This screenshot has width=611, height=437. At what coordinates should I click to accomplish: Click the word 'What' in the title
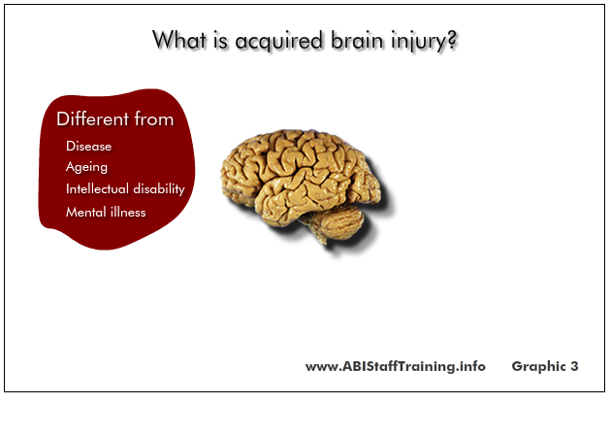click(x=178, y=40)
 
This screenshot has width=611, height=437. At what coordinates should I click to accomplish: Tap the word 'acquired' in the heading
click(x=279, y=42)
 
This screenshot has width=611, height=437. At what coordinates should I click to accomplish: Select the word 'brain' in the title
click(x=357, y=40)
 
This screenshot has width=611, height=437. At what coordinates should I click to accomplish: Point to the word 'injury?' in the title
click(x=424, y=42)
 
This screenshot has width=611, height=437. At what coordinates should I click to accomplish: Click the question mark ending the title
click(x=452, y=40)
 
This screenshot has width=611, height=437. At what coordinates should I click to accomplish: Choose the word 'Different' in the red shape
click(x=92, y=118)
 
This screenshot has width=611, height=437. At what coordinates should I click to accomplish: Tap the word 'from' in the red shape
click(x=154, y=118)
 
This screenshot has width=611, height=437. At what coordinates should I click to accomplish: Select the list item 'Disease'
click(x=89, y=146)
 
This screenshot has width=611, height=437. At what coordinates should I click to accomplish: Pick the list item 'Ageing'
click(x=86, y=167)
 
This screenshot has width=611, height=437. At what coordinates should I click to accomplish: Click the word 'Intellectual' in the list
click(x=97, y=188)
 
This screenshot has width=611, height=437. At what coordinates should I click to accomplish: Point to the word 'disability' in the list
click(x=159, y=189)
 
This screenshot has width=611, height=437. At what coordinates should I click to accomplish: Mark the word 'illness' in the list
click(x=128, y=212)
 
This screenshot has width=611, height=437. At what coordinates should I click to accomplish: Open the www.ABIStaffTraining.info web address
click(x=396, y=366)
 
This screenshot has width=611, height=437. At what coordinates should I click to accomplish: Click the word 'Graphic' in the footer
click(x=538, y=366)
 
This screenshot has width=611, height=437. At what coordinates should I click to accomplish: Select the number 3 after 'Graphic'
click(x=574, y=366)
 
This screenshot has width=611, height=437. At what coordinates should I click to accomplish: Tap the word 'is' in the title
click(x=220, y=40)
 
